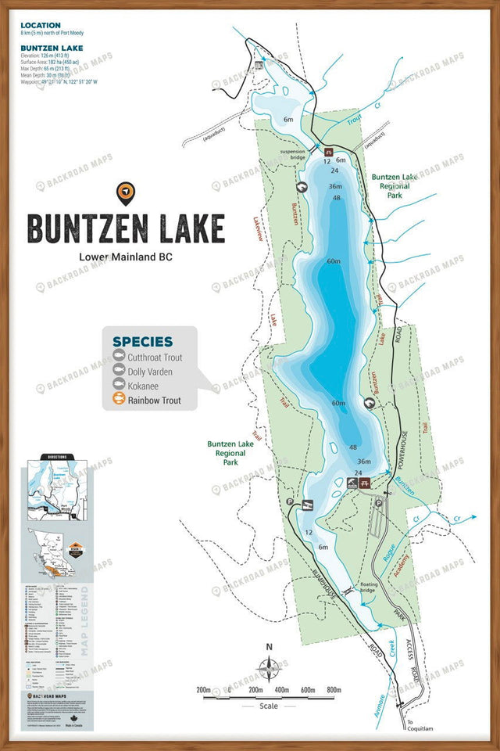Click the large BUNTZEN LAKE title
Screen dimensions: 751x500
[x=126, y=228]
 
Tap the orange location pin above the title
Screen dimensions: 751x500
[x=123, y=191]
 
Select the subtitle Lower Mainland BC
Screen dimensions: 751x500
[x=126, y=257]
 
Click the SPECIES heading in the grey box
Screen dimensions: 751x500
[x=142, y=341]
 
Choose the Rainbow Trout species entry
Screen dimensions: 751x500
[x=155, y=401]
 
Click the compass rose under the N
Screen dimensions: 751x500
[x=270, y=669]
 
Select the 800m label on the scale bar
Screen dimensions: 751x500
[x=334, y=690]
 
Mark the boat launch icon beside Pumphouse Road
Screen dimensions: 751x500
[x=308, y=505]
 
